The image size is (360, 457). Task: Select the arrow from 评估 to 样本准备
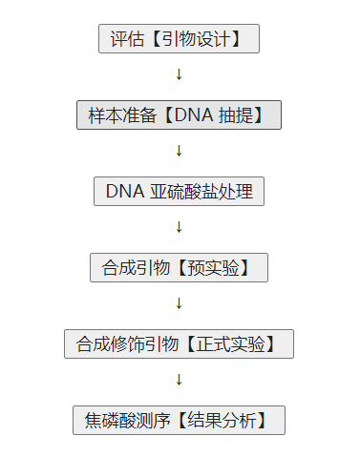click(x=179, y=74)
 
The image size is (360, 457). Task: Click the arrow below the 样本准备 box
click(x=179, y=151)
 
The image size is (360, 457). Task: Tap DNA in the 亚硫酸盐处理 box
click(x=124, y=192)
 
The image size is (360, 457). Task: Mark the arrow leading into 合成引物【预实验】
click(x=179, y=227)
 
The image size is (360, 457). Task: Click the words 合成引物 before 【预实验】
click(x=132, y=268)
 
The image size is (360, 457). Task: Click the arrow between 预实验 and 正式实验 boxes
click(x=179, y=303)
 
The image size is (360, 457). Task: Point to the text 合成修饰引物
click(x=123, y=344)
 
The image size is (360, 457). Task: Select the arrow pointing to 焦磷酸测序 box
click(x=179, y=380)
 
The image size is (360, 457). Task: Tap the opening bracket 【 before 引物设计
click(x=153, y=39)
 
